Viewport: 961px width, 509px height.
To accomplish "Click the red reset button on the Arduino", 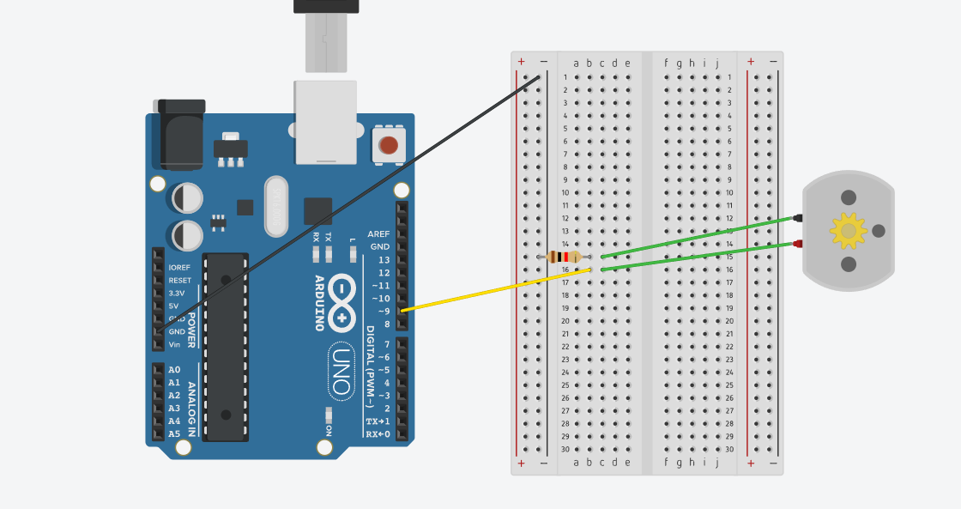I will tap(389, 144).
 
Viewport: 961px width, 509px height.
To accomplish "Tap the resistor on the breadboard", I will tap(564, 257).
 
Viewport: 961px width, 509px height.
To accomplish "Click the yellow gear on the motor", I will tap(848, 230).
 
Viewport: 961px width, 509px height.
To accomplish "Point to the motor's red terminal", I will tap(798, 245).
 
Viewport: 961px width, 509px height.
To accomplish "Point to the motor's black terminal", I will tap(798, 218).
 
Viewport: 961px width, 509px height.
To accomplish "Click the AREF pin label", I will tap(378, 233).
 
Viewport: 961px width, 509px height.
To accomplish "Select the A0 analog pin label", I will tap(174, 370).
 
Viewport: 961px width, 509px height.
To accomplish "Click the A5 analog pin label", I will tap(174, 433).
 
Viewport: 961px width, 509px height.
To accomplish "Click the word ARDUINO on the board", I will tap(318, 303).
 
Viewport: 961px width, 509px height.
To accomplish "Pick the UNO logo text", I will tap(341, 371).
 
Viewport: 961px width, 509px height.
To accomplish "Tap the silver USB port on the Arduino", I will tap(325, 121).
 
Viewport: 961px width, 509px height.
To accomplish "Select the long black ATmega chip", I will tap(225, 347).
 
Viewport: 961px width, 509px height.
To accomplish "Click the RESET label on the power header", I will tap(180, 280).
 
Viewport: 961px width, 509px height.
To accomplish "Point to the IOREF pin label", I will tap(179, 267).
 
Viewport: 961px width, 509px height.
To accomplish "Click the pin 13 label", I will tap(384, 259).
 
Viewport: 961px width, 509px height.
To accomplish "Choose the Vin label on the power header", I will tap(174, 344).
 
